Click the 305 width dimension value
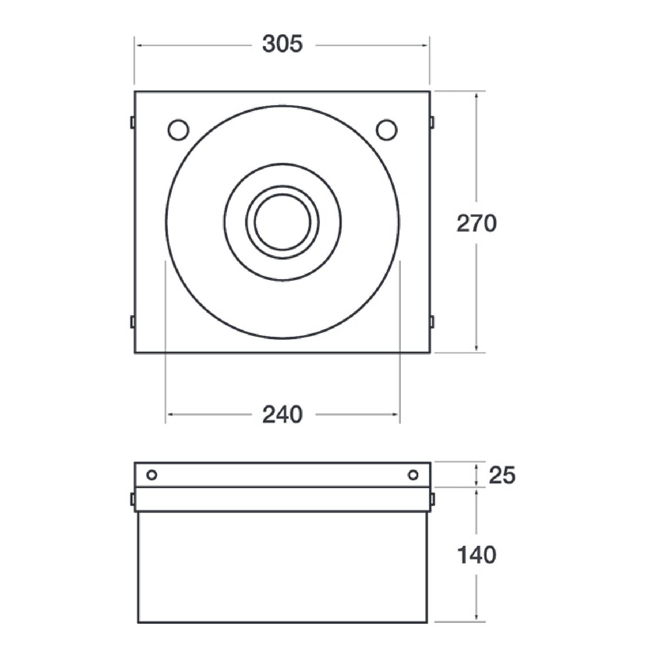282,44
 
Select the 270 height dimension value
476,224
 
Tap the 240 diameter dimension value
282,415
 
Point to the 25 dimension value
502,475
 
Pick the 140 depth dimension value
476,555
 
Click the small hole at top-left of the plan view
178,130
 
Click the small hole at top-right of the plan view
386,130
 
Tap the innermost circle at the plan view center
283,222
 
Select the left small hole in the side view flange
152,475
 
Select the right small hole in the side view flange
413,475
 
